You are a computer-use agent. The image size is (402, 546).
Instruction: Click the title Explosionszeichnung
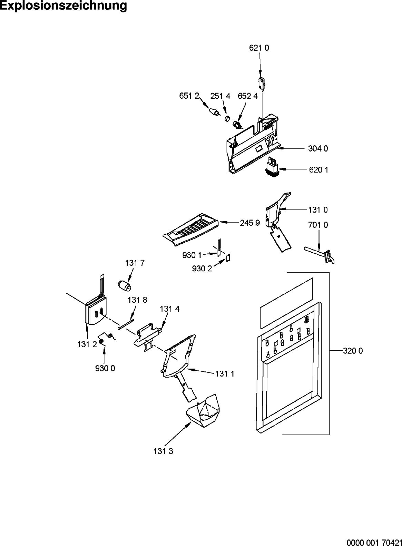tap(63, 6)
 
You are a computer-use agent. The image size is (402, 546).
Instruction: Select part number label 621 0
tap(259, 48)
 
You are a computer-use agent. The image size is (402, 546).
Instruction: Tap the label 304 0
tap(318, 148)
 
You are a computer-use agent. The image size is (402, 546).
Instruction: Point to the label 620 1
tap(318, 170)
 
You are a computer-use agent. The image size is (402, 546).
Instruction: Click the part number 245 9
tap(250, 223)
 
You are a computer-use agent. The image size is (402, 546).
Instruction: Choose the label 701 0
tap(318, 225)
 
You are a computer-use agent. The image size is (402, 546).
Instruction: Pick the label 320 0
tap(353, 351)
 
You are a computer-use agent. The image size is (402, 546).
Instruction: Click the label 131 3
tap(163, 451)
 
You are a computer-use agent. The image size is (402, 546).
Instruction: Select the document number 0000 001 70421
tap(374, 542)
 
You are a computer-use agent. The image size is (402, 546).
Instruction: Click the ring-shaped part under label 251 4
tap(227, 119)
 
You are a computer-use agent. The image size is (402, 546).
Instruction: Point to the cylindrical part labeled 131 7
tap(125, 285)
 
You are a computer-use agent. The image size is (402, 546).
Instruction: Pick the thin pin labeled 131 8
tap(126, 324)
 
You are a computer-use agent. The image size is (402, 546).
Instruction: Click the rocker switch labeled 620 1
tap(272, 166)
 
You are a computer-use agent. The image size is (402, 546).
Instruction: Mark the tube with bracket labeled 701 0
tap(319, 255)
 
